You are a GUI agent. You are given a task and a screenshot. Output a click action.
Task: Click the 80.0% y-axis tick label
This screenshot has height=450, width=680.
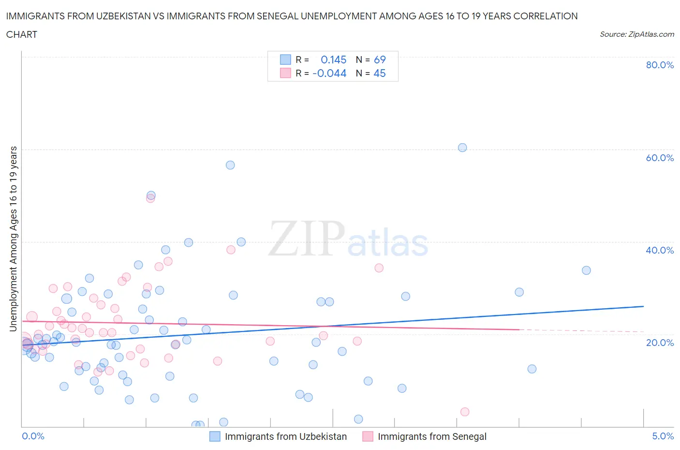[x=660, y=65]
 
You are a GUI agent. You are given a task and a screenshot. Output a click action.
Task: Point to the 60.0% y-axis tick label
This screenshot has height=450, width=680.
[x=660, y=158]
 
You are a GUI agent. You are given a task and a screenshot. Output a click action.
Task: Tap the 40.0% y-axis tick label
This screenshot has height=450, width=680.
[x=660, y=250]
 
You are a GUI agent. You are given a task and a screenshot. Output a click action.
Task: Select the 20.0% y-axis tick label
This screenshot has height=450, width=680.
[x=660, y=343]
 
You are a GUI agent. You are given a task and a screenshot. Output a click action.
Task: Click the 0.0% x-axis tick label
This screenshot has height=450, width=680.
[x=33, y=436]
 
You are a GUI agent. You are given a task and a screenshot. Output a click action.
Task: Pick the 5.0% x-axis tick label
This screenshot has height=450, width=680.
[x=663, y=436]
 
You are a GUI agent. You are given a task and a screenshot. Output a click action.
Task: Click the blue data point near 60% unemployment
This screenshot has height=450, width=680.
[x=462, y=148]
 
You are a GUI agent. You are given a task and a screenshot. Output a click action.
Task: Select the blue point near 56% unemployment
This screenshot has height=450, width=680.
[x=230, y=165]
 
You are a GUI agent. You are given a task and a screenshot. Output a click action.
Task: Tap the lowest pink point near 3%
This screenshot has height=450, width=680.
[x=465, y=412]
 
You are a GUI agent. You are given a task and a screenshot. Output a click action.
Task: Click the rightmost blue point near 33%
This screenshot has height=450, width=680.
[x=586, y=270]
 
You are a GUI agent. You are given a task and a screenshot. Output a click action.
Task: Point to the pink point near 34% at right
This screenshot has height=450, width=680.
[x=379, y=268]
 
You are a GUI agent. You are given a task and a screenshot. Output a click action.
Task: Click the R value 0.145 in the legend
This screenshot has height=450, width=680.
[x=333, y=60]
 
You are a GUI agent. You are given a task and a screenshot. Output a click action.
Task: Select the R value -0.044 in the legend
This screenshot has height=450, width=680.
[x=329, y=73]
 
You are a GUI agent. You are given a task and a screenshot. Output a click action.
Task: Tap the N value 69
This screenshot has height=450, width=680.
[x=380, y=60]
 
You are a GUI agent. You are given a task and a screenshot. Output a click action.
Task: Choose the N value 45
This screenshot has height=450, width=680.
[x=380, y=73]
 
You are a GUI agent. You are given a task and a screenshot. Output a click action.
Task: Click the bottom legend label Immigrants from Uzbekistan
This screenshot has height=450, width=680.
[x=286, y=436]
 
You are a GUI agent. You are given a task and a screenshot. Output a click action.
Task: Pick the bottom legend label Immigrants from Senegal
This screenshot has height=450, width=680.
[x=432, y=436]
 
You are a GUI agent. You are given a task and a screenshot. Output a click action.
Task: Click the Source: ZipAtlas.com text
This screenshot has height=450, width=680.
[x=636, y=34]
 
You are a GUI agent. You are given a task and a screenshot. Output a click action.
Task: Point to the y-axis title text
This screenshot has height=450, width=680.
[x=14, y=239]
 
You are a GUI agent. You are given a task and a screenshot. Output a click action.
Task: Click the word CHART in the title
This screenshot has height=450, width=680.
[x=22, y=34]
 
